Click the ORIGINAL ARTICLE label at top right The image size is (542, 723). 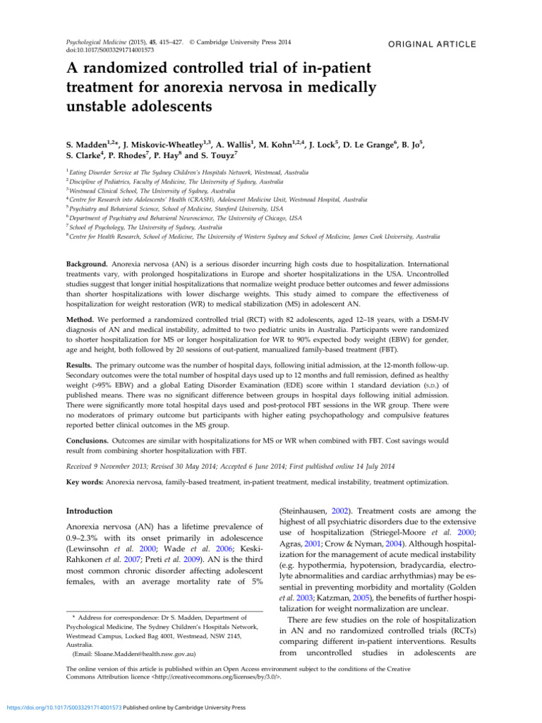click(434, 44)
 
